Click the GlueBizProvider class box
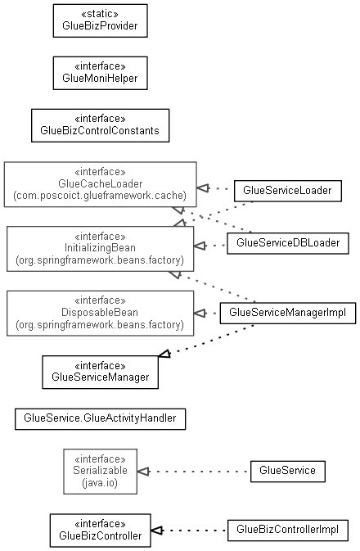coord(100,20)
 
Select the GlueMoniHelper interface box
coord(100,73)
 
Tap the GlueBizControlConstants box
coord(100,125)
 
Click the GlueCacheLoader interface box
coord(100,184)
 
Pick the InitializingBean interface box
coord(100,249)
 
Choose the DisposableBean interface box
coord(100,313)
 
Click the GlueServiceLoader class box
coord(288,191)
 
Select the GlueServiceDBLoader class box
coord(288,243)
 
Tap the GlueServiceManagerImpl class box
coord(288,313)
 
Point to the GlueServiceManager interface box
coord(100,373)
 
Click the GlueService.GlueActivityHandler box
coord(100,419)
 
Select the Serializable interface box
coord(100,472)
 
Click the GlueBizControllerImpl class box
coord(288,531)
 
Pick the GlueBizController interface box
coord(100,531)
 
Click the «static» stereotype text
coord(100,14)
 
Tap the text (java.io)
coord(100,483)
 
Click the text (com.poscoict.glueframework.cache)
coord(100,196)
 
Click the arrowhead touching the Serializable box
coord(143,472)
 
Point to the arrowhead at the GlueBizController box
coord(157,531)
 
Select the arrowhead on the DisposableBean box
coord(200,313)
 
